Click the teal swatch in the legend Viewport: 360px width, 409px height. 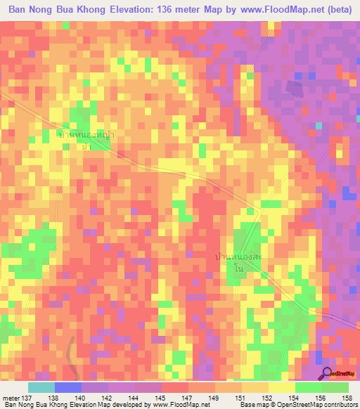(x=41, y=387)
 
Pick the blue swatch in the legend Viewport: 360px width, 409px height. (x=68, y=387)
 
